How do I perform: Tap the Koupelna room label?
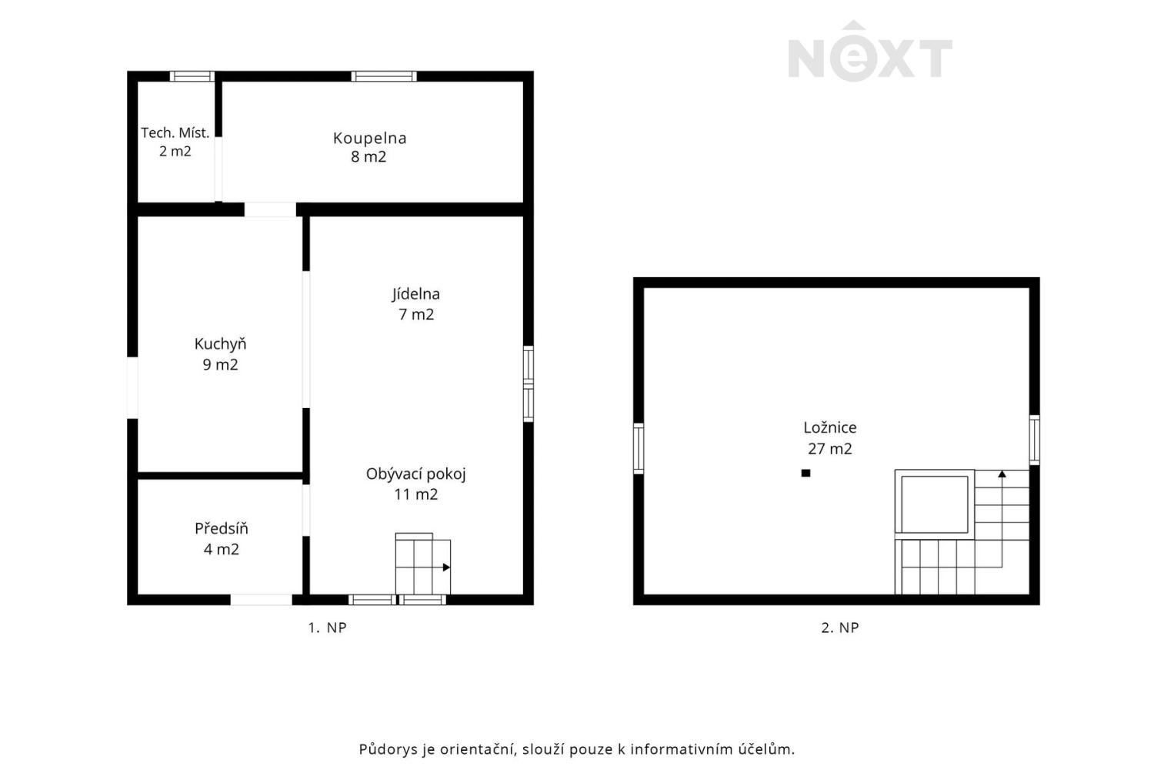coord(369,139)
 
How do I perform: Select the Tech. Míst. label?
coord(175,133)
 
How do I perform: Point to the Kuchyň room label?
coord(220,344)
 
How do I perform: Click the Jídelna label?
coord(415,294)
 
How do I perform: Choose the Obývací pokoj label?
coord(415,474)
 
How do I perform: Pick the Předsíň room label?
coord(221,528)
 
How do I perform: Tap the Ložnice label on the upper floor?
coord(829,427)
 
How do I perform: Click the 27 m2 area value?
coord(829,449)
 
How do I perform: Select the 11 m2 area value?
coord(415,494)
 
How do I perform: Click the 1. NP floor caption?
coord(327,628)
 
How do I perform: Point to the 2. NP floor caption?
coord(840,628)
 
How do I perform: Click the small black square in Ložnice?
coord(805,473)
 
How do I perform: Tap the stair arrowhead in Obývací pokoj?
coord(446,567)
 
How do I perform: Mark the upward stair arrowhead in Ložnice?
coord(1002,474)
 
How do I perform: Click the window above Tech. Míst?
coord(192,76)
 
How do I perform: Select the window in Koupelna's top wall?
coord(384,76)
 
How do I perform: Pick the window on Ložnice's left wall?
coord(639,448)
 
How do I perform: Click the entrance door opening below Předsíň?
coord(262,599)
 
